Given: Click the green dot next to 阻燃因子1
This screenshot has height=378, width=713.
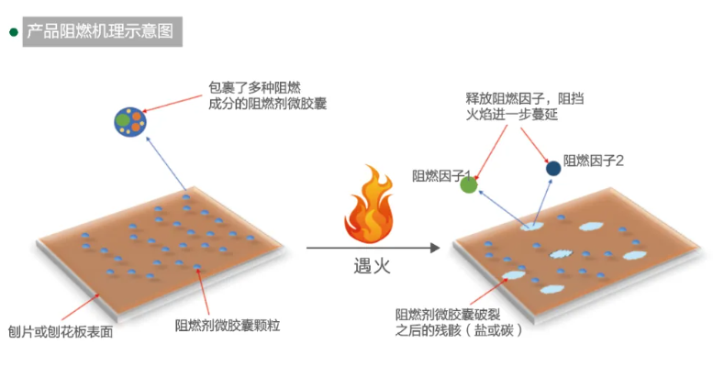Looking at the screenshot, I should tap(469, 185).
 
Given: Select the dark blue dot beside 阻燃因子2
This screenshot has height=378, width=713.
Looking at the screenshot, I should tap(553, 168).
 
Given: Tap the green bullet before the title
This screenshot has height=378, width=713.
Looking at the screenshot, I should tap(13, 32).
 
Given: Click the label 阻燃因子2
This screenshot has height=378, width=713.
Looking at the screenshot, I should tap(594, 161).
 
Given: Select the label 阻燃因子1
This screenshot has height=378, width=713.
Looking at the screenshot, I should tap(441, 175).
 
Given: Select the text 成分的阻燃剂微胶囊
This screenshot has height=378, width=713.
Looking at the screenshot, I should tap(268, 105).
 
